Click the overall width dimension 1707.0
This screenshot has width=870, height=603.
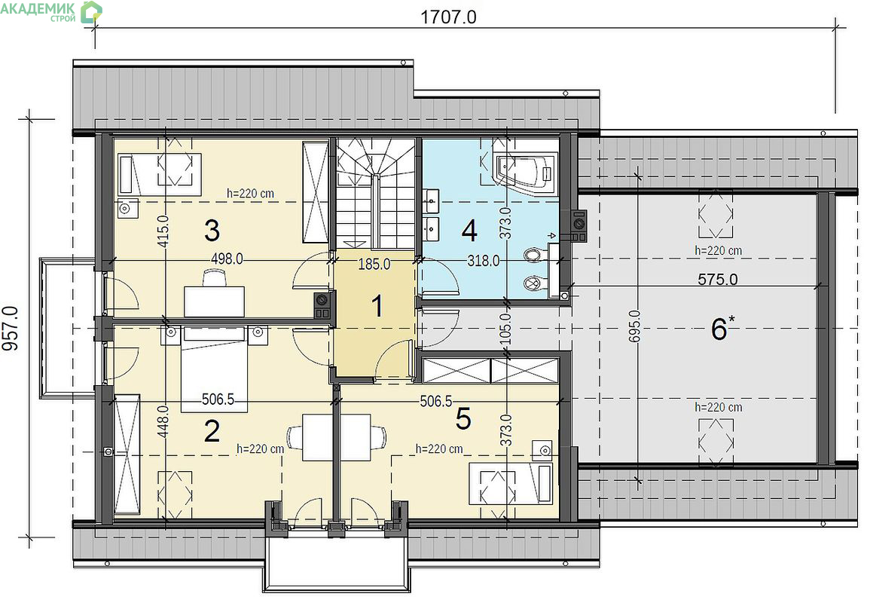(448, 17)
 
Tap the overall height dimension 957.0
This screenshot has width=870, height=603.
(11, 329)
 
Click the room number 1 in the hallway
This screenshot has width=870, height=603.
(377, 306)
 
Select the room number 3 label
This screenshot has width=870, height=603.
(212, 231)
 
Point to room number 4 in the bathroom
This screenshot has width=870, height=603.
(469, 231)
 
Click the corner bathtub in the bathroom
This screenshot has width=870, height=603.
(526, 168)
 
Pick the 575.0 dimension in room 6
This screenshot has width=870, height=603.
(717, 280)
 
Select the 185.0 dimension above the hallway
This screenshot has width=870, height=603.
(374, 265)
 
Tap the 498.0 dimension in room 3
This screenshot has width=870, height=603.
(227, 259)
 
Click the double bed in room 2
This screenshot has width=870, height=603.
(214, 369)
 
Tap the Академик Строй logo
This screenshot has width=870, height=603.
(51, 11)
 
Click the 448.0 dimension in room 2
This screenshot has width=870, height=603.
(163, 421)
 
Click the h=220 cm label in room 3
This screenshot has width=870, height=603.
(250, 194)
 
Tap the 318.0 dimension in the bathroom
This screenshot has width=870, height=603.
(484, 260)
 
